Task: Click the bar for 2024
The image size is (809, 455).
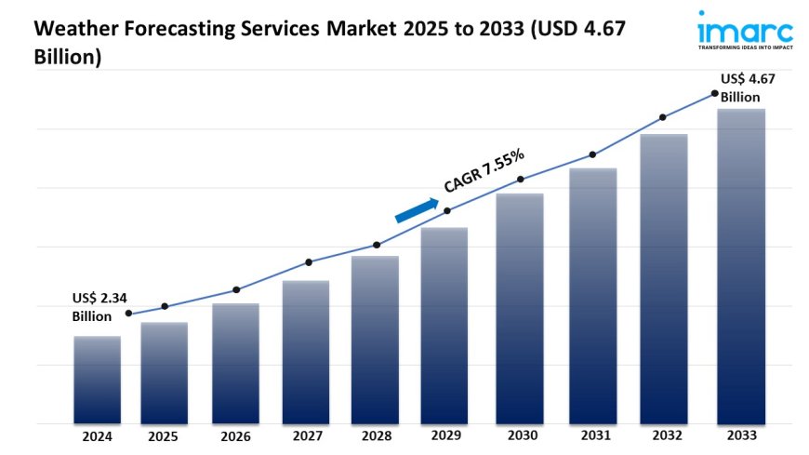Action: point(97,380)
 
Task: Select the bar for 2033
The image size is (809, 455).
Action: point(741,266)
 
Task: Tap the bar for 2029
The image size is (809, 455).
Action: point(444,325)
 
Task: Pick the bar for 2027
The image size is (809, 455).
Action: point(306,352)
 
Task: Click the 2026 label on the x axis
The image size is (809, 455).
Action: point(235,435)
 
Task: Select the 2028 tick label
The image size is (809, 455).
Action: point(375,435)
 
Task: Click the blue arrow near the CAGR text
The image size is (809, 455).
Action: point(417,210)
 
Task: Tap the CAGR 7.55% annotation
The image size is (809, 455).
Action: point(484,171)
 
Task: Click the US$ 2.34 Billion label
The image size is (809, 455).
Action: point(99,307)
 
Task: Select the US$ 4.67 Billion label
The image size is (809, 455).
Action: point(748,88)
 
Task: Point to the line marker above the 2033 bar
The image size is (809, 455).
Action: point(714,93)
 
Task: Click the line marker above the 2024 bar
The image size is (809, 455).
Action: point(128,314)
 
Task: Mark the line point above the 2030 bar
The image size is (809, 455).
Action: point(521,179)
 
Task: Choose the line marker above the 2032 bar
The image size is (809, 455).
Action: point(663,117)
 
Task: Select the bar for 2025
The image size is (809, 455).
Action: point(165,373)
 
